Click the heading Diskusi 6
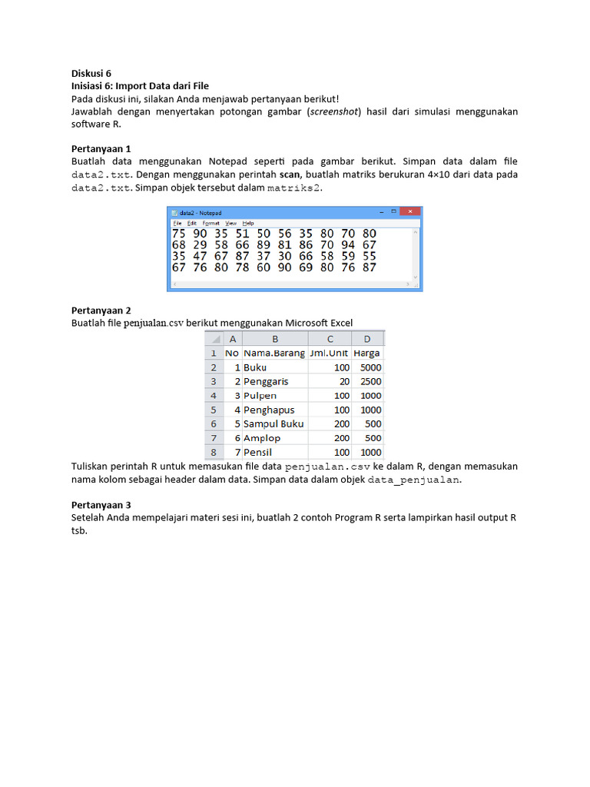tap(91, 73)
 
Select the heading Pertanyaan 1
tap(101, 148)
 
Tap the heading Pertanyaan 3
tap(101, 505)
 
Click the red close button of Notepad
tap(412, 211)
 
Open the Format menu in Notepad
tap(210, 223)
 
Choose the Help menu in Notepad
tap(248, 223)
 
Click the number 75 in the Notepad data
tap(178, 234)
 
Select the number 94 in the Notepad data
tap(348, 245)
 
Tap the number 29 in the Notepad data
tap(200, 245)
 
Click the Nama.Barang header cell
tap(274, 353)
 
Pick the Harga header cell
tap(367, 353)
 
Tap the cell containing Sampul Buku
tap(274, 423)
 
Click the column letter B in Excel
tap(274, 339)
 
